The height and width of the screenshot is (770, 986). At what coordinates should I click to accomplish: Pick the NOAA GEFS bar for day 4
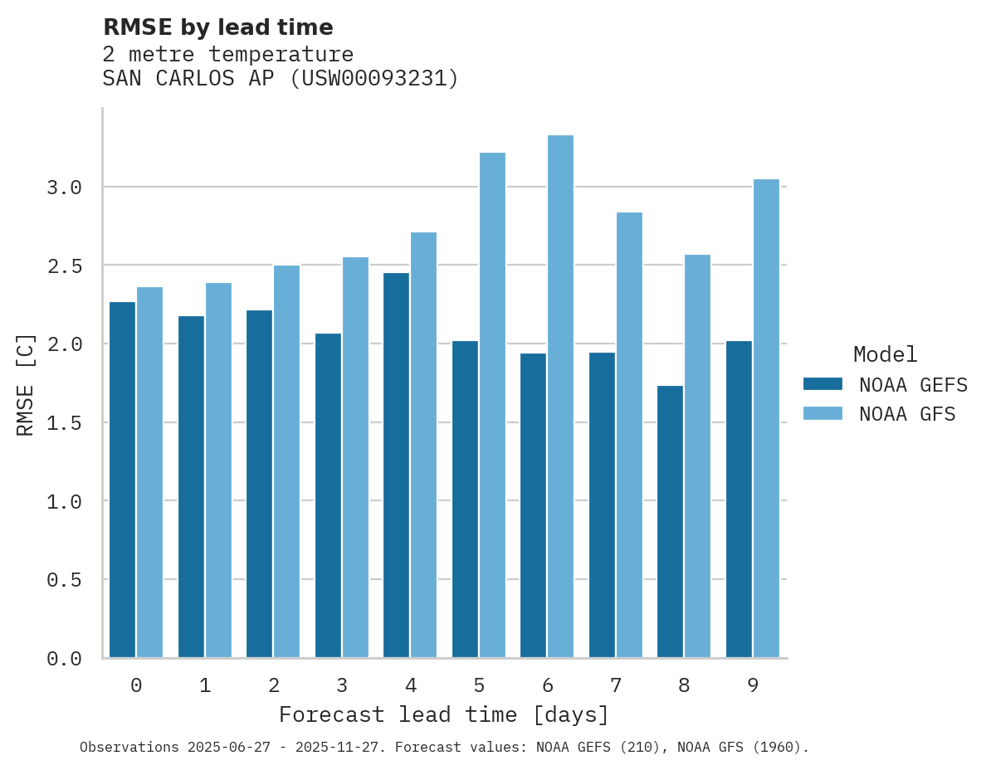click(396, 465)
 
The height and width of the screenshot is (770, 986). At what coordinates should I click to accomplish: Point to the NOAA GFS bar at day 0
click(150, 472)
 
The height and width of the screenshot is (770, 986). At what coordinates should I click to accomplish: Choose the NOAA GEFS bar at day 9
click(739, 499)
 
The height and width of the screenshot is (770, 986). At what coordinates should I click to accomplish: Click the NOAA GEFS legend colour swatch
click(822, 384)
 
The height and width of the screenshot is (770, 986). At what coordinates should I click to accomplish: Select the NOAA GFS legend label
click(907, 414)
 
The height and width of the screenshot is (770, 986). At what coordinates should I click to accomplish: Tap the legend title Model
click(885, 355)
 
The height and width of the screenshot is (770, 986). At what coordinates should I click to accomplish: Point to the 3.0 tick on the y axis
click(65, 188)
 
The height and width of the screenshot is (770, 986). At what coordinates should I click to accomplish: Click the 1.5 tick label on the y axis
click(65, 423)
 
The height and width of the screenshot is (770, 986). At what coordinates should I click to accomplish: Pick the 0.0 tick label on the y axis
click(65, 659)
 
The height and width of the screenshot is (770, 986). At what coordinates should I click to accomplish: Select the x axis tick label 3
click(342, 685)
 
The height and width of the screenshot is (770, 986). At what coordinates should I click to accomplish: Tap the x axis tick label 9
click(753, 685)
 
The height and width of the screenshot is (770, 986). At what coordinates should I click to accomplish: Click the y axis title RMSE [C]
click(26, 384)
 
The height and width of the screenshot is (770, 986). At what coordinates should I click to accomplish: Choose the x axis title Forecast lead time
click(444, 715)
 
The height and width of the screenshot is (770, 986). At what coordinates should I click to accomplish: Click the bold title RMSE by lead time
click(217, 27)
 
